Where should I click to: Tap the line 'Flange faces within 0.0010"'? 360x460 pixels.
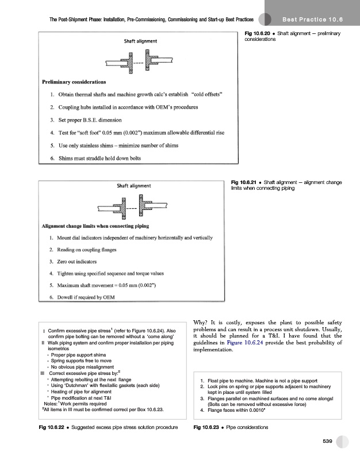pos(236,411)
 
